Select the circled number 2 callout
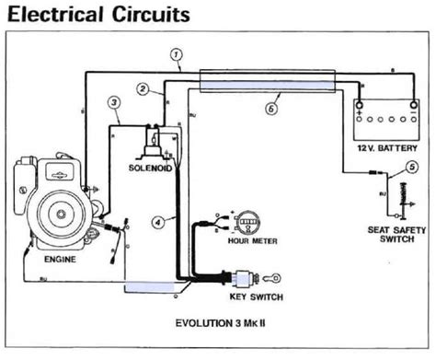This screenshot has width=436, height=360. (144, 89)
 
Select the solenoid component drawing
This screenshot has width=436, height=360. (150, 141)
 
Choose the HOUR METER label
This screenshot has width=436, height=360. (250, 242)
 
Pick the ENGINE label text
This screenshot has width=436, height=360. (60, 260)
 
